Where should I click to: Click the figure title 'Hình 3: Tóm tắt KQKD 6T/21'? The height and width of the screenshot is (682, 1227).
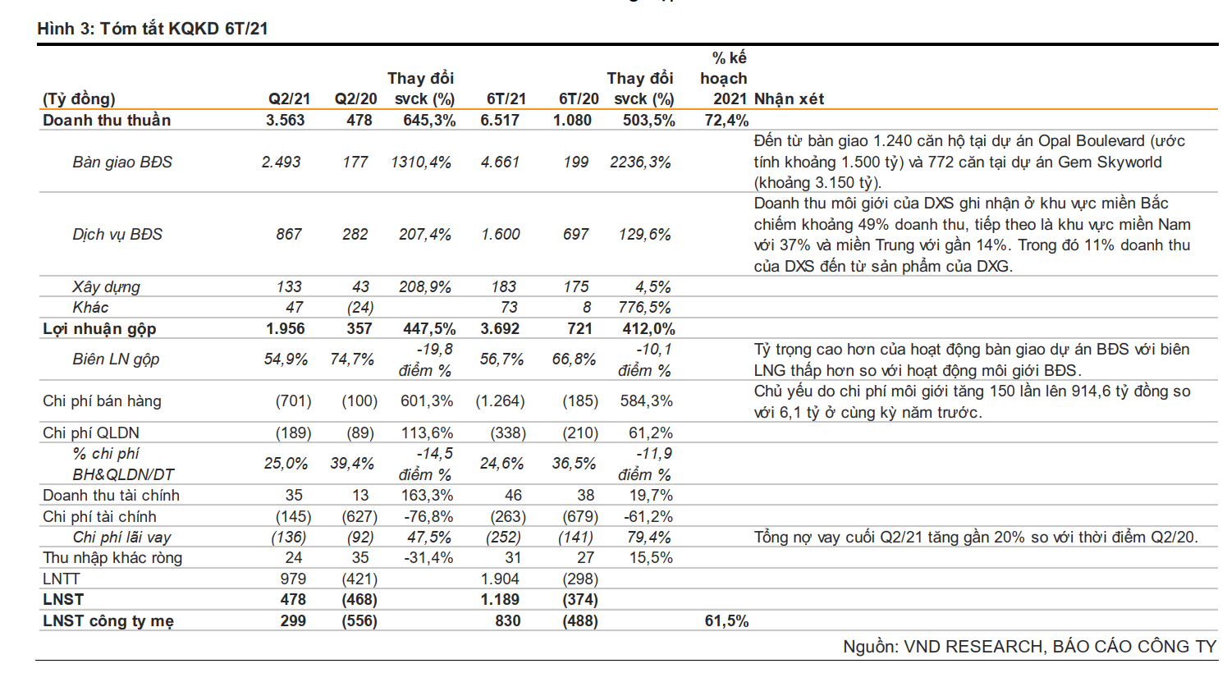[x=153, y=29]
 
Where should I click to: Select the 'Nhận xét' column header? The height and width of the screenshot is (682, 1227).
[x=789, y=99]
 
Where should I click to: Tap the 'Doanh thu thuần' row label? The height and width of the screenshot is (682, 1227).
[x=107, y=121]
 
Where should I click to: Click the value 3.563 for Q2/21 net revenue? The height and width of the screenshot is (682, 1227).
[x=285, y=121]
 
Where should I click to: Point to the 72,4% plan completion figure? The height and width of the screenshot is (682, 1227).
[x=726, y=121]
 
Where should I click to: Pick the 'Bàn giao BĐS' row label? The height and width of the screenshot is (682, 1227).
[x=122, y=162]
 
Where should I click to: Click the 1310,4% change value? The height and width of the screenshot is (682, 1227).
[x=421, y=162]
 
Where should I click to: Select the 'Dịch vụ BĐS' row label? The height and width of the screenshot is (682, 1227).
[x=117, y=235]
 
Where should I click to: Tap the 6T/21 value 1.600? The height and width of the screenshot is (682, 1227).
[x=501, y=235]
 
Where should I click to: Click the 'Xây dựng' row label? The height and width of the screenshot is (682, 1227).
[x=106, y=287]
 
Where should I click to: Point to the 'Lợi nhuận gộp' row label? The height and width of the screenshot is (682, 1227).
[x=99, y=329]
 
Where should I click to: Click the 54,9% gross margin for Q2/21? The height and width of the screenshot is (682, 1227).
[x=286, y=359]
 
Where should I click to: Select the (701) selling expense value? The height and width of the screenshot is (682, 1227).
[x=293, y=401]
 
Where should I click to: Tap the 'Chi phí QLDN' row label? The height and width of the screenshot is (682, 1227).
[x=91, y=433]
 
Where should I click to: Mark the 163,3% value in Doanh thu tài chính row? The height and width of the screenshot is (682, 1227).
[x=427, y=496]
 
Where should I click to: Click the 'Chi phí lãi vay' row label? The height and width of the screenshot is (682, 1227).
[x=121, y=538]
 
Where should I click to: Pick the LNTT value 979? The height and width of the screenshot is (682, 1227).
[x=293, y=579]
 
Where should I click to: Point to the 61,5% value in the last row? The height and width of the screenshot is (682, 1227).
[x=726, y=621]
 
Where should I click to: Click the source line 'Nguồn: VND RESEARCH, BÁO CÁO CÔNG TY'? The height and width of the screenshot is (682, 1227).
[x=1029, y=647]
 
